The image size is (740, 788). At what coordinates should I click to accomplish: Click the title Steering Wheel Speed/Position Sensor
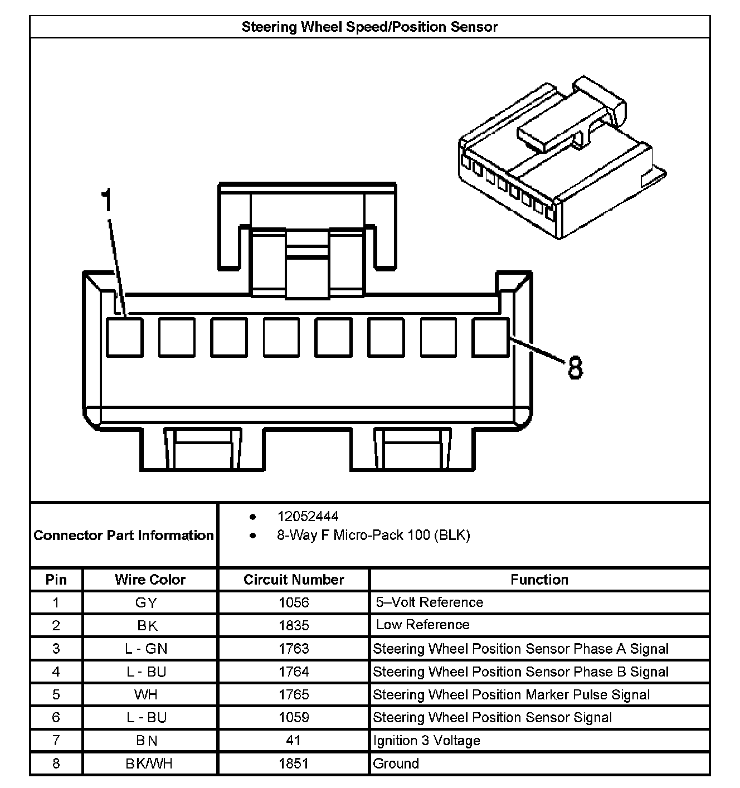click(x=369, y=27)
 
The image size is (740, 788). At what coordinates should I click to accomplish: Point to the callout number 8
click(x=575, y=368)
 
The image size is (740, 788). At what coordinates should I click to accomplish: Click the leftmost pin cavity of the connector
click(x=124, y=337)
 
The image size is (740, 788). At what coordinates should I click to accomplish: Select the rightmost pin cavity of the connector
click(x=490, y=337)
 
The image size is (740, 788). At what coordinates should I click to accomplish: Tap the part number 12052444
click(x=308, y=517)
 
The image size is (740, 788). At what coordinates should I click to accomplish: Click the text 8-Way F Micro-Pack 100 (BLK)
click(x=373, y=536)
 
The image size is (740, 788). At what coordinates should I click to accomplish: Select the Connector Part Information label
click(x=124, y=536)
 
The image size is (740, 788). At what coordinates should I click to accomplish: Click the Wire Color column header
click(x=150, y=580)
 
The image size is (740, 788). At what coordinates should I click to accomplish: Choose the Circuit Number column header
click(x=294, y=580)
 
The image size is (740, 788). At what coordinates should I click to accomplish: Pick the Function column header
click(x=539, y=580)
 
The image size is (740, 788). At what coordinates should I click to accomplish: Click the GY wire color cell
click(x=147, y=602)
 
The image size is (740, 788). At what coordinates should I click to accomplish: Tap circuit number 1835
click(x=294, y=625)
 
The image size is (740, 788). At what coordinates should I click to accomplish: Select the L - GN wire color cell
click(x=147, y=649)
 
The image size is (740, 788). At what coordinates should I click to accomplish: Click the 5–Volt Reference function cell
click(x=429, y=602)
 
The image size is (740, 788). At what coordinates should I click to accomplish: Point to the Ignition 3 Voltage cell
click(x=427, y=741)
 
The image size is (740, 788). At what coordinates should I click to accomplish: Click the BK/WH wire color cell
click(x=149, y=763)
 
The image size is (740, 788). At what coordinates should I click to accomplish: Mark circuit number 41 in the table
click(x=293, y=741)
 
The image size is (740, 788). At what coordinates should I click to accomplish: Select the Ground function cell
click(x=396, y=763)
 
